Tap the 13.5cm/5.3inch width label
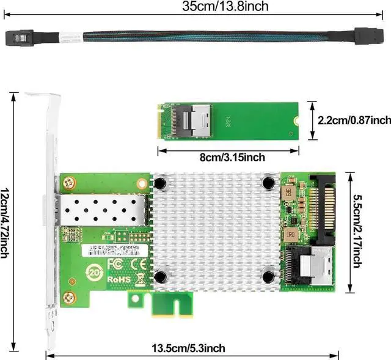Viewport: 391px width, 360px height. (191, 348)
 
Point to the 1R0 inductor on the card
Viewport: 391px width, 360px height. (290, 233)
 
